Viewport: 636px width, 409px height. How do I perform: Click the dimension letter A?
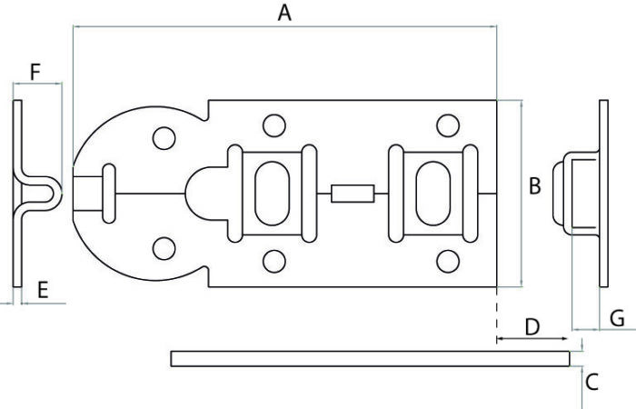[x=285, y=14]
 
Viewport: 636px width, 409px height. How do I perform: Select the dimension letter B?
[x=534, y=186]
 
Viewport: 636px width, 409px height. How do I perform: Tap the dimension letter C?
[x=591, y=382]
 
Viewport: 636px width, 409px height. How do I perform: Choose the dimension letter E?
[x=41, y=290]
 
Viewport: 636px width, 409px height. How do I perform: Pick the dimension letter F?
[x=35, y=71]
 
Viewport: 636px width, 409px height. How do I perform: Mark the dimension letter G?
[x=617, y=317]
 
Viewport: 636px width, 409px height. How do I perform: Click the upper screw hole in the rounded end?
[x=164, y=138]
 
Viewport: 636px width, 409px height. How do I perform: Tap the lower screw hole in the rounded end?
[x=164, y=247]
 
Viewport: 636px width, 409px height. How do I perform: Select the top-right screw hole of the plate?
[x=446, y=125]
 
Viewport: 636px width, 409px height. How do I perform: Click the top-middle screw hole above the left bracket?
[x=271, y=125]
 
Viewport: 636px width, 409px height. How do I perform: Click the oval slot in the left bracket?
[x=271, y=193]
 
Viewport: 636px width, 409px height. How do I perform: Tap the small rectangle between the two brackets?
[x=352, y=193]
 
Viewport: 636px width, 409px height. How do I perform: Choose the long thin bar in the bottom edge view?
[x=373, y=358]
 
